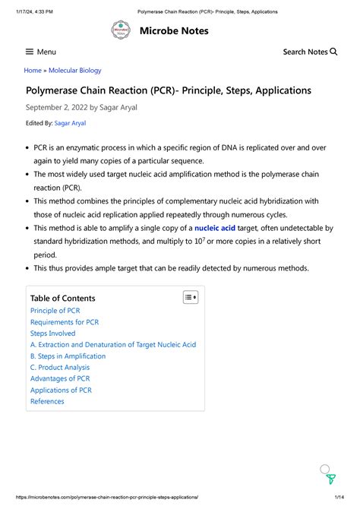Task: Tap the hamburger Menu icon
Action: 30,52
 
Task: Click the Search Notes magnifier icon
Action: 333,52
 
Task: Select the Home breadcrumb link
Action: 33,71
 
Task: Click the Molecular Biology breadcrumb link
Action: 74,71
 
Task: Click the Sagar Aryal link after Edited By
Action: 71,123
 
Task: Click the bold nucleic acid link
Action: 215,228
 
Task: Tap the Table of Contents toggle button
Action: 190,298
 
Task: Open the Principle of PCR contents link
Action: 55,311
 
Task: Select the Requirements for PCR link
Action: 65,322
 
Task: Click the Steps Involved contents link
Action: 52,334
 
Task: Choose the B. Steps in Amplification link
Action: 68,356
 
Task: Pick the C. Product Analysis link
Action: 60,368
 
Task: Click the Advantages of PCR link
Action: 60,378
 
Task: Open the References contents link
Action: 47,401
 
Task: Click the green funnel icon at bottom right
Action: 331,479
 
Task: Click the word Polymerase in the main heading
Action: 55,90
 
